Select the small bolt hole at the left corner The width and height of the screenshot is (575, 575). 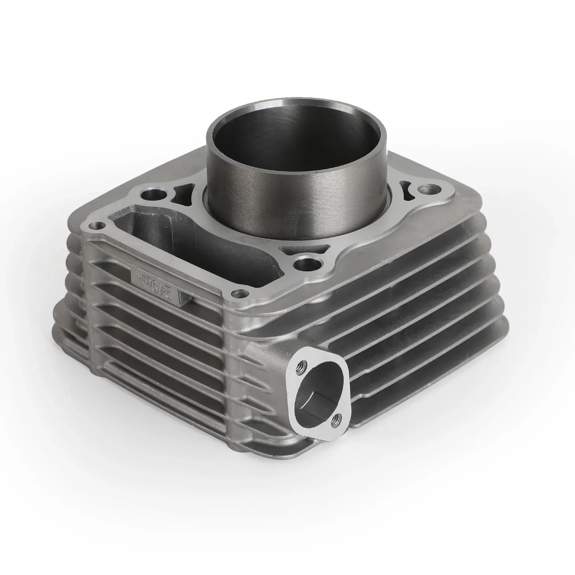click(96, 226)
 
